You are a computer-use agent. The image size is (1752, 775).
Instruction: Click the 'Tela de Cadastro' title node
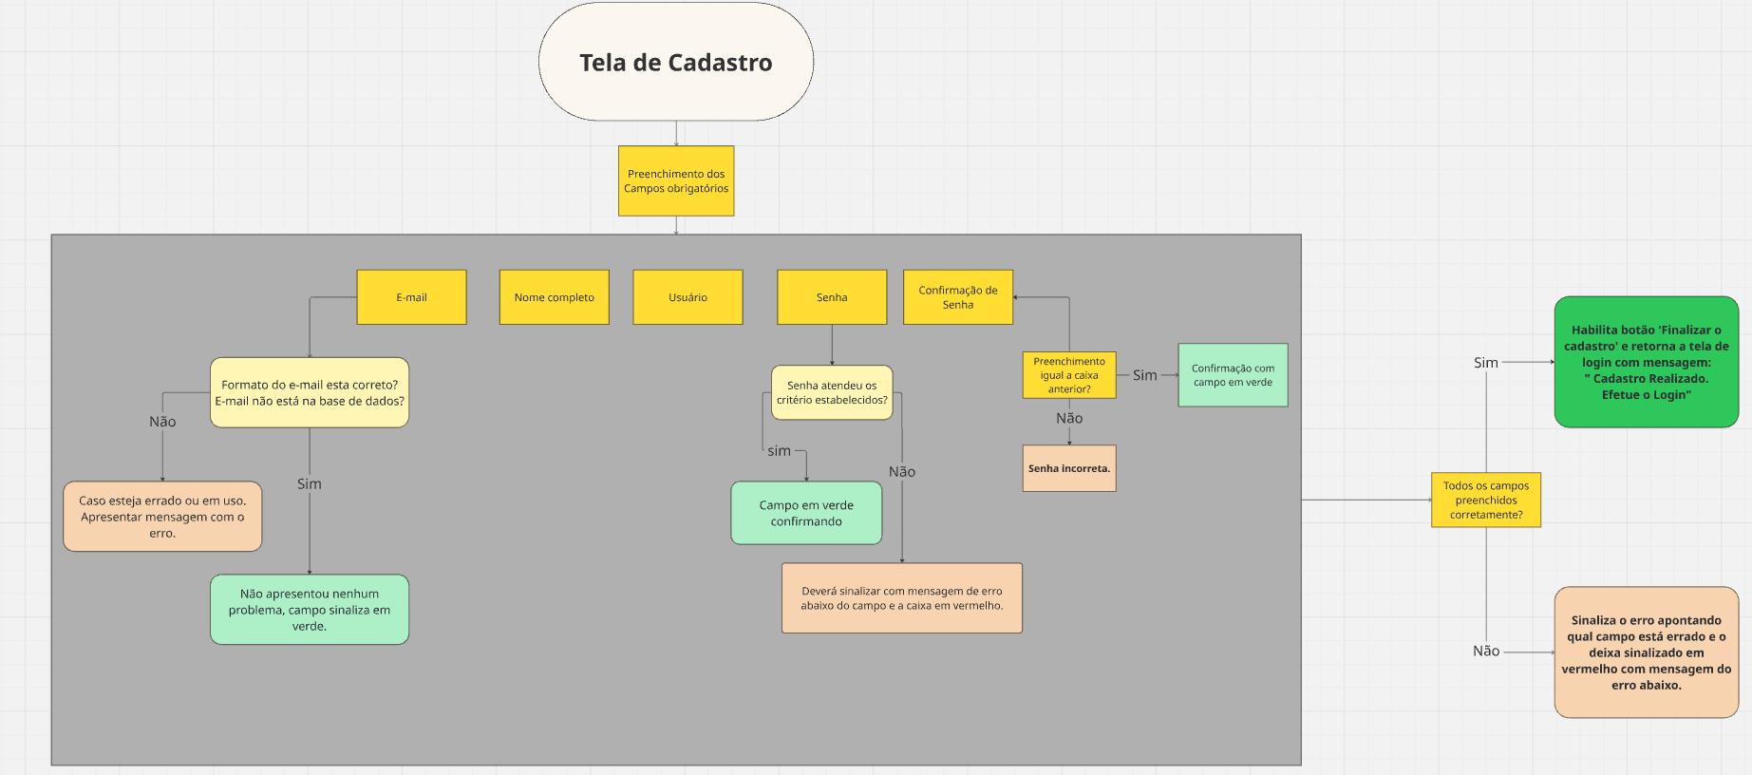675,62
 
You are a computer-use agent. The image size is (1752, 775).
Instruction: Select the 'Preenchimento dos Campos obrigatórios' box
675,180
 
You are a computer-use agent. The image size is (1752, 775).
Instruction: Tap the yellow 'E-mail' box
411,297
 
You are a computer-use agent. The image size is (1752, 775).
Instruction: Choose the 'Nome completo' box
554,297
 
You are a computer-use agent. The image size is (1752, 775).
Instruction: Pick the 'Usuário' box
688,297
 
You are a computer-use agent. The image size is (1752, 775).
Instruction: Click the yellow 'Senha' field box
831,297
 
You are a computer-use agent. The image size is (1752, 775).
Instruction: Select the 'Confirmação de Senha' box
957,297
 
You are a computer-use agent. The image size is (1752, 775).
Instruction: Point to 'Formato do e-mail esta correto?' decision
310,392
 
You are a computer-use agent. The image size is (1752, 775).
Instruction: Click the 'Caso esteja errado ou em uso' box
162,517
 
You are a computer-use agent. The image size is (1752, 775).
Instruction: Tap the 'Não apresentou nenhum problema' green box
310,610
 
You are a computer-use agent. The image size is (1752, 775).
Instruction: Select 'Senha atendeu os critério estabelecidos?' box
832,392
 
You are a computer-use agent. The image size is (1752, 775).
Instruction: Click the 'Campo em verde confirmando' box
806,513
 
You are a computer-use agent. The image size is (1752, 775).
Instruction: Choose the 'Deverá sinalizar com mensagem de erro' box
901,597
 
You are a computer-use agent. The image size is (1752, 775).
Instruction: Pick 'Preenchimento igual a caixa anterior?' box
1069,375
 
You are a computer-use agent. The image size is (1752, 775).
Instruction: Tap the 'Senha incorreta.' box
1069,468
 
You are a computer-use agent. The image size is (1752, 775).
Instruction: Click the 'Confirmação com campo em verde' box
1233,375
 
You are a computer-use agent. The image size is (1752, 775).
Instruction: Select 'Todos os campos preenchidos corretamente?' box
1486,500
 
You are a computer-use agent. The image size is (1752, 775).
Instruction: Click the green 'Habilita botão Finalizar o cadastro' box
1646,362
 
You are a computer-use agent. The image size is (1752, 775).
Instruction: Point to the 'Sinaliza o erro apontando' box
1646,652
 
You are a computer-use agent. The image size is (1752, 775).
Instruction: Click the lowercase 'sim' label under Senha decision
779,451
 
